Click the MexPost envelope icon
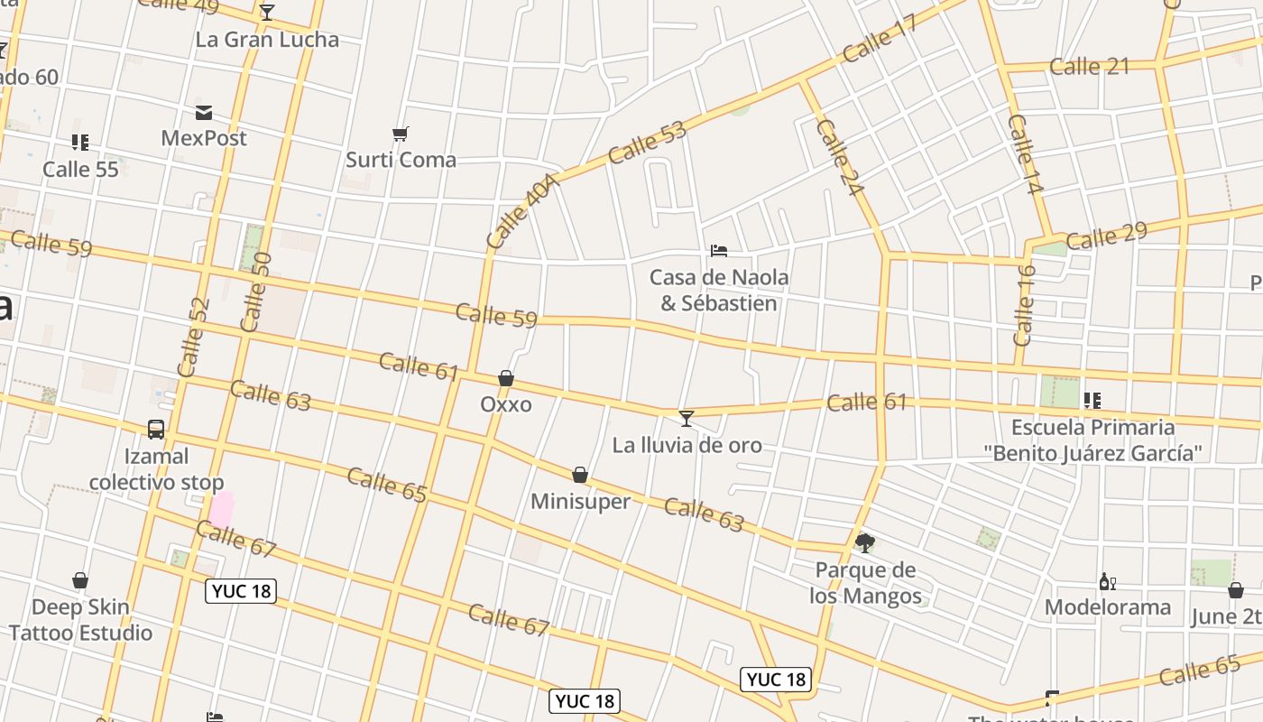coord(204,113)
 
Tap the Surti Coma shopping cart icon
coord(401,134)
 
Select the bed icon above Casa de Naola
coord(719,250)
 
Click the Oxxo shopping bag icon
coord(506,378)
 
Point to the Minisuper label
coord(580,502)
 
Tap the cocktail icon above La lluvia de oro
coord(687,418)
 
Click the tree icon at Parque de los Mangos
coord(865,542)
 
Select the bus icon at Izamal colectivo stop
coord(156,430)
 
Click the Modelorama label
coord(1108,607)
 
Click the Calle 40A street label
coord(522,212)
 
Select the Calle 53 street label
coord(647,143)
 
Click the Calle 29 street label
coord(1106,236)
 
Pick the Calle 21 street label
coord(1089,66)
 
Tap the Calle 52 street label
coord(193,337)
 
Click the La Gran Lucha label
coord(267,40)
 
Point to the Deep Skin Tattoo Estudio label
coord(80,619)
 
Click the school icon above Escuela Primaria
coord(1092,400)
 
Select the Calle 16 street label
coord(1024,305)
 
